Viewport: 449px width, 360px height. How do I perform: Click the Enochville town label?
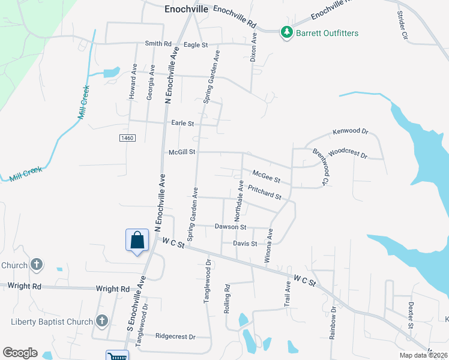[x=186, y=10]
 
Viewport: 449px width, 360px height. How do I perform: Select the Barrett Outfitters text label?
[x=327, y=33]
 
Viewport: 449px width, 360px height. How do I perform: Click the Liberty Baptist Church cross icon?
[x=101, y=321]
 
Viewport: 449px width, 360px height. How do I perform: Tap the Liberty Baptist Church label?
[x=53, y=322]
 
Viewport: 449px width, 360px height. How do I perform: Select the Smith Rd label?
[x=158, y=44]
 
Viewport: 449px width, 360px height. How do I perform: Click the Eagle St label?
[x=196, y=44]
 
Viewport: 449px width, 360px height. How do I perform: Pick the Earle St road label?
[x=182, y=123]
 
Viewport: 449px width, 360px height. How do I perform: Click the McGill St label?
[x=182, y=152]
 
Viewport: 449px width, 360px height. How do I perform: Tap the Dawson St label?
[x=231, y=227]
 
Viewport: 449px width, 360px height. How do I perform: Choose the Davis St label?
[x=245, y=244]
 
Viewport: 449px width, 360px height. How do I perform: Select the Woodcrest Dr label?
[x=348, y=153]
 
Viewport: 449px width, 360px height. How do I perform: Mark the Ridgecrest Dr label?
[x=175, y=337]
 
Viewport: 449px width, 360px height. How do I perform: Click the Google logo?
[x=20, y=353]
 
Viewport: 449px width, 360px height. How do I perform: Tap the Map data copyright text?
[x=424, y=355]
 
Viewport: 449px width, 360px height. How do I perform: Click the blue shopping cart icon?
[x=117, y=356]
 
